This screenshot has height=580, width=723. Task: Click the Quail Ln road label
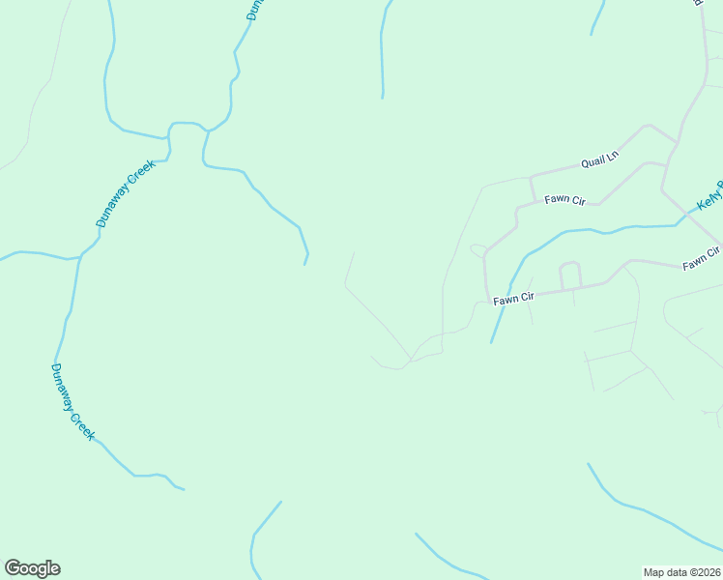pyautogui.click(x=599, y=159)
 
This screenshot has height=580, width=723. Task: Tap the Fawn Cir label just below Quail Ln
pyautogui.click(x=565, y=200)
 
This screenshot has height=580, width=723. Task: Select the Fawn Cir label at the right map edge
pyautogui.click(x=701, y=258)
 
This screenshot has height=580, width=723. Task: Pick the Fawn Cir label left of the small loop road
pyautogui.click(x=513, y=299)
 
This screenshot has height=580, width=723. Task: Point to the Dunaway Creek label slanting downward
pyautogui.click(x=72, y=401)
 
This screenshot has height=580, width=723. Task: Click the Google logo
pyautogui.click(x=32, y=568)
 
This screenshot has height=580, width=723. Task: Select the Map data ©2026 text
pyautogui.click(x=681, y=571)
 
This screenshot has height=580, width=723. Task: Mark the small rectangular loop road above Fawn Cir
pyautogui.click(x=569, y=275)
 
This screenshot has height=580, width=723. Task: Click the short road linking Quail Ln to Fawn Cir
pyautogui.click(x=532, y=188)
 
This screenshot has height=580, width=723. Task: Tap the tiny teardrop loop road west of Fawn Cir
pyautogui.click(x=477, y=250)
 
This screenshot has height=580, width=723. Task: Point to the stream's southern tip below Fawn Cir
pyautogui.click(x=491, y=342)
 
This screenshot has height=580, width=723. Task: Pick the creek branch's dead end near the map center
pyautogui.click(x=305, y=263)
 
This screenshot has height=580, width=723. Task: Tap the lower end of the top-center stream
pyautogui.click(x=383, y=97)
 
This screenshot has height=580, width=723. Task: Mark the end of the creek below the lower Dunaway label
pyautogui.click(x=183, y=488)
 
